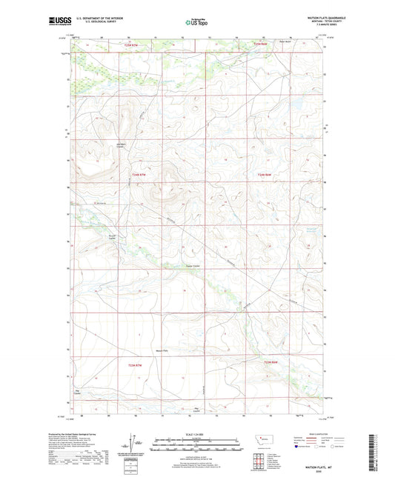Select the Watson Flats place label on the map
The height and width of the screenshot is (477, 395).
click(162, 350)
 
